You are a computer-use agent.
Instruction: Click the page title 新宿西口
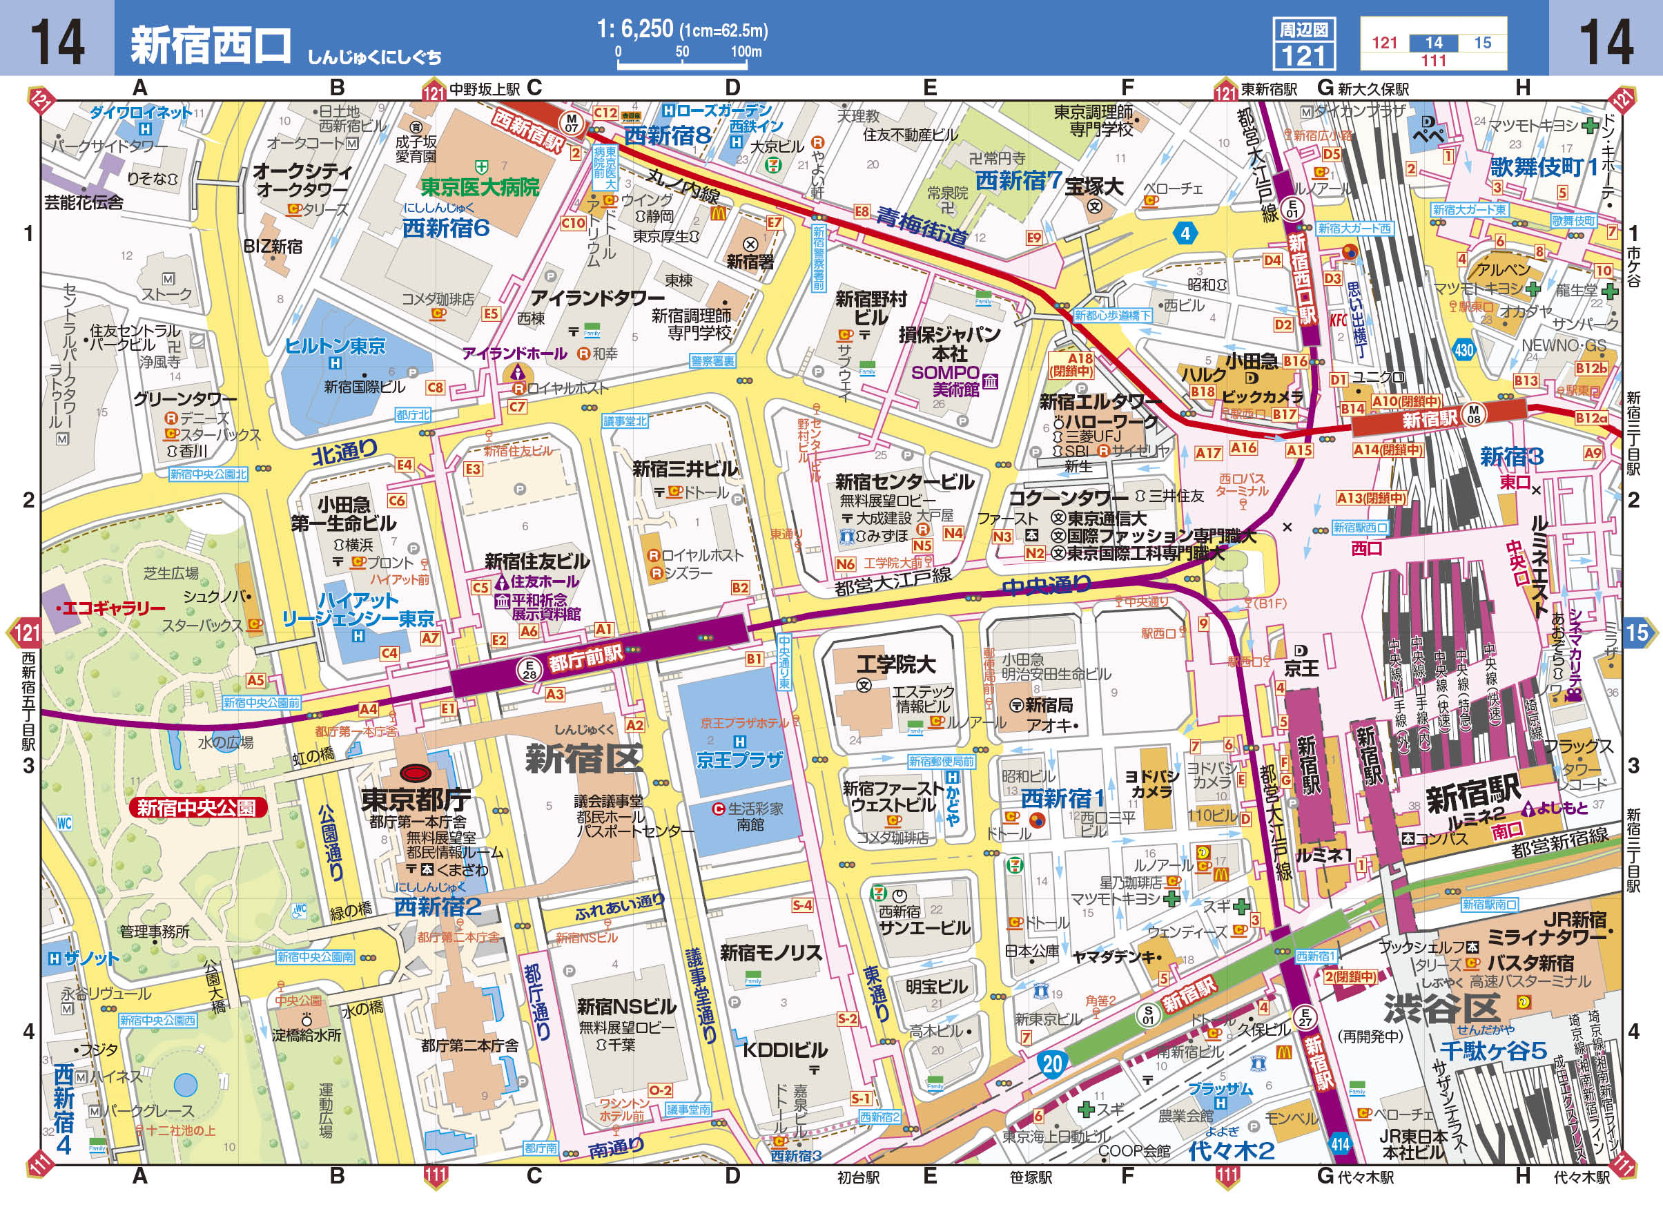pos(211,45)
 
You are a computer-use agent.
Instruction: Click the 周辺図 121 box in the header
pos(1304,44)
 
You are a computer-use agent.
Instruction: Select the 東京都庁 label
pos(416,800)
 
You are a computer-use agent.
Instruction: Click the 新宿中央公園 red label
pos(197,808)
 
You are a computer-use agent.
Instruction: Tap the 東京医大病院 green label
pos(480,187)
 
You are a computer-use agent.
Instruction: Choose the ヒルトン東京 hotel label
pos(334,345)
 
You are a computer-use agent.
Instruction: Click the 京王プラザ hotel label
pos(739,760)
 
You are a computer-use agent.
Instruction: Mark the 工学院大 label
pos(895,664)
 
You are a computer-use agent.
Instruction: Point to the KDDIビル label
pos(785,1050)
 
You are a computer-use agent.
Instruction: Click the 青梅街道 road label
pos(922,225)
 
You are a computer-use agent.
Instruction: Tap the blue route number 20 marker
pos(1051,1064)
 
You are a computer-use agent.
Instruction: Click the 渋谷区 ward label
pos(1440,1009)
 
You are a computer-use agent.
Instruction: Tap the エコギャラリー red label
pos(113,608)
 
